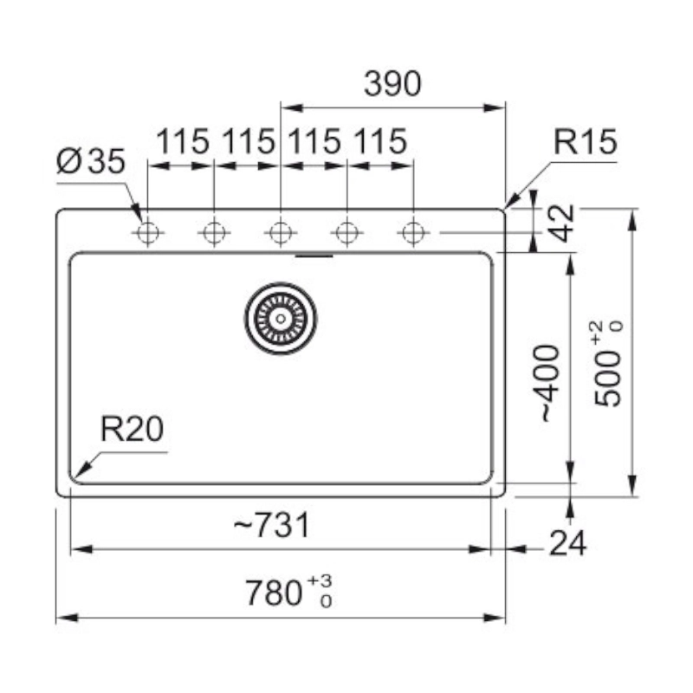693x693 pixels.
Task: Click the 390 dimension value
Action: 392,84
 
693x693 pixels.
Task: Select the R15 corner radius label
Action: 585,142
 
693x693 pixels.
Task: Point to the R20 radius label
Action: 132,430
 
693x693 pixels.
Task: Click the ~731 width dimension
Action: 270,525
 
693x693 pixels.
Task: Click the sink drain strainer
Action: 280,318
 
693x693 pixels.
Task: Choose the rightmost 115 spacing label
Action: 379,141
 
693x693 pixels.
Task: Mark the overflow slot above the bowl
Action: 314,256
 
